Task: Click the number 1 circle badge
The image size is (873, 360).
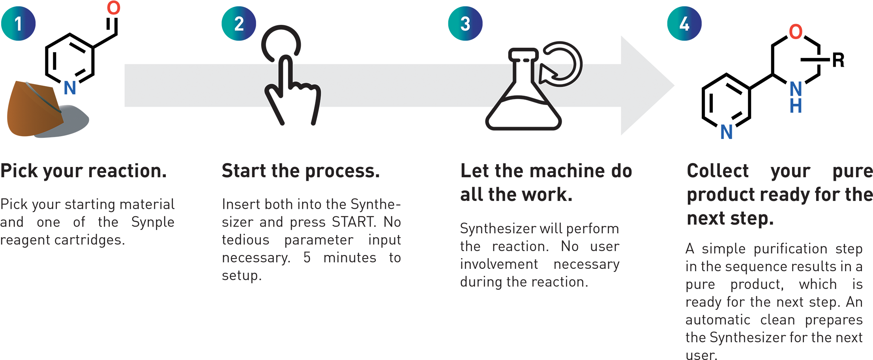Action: [18, 24]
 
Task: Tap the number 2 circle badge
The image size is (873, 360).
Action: [239, 24]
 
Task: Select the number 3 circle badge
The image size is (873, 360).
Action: [465, 24]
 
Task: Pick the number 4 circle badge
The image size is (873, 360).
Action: [684, 24]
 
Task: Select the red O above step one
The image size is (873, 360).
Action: [114, 8]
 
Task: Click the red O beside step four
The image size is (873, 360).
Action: [796, 32]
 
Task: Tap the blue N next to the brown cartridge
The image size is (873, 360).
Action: [70, 88]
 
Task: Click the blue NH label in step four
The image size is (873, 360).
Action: [796, 97]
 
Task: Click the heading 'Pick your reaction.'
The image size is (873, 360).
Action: [83, 171]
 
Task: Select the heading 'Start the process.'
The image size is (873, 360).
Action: [300, 171]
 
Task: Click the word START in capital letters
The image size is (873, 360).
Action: [354, 222]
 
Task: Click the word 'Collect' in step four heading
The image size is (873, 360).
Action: [718, 171]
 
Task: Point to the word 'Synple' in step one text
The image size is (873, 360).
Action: [153, 222]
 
